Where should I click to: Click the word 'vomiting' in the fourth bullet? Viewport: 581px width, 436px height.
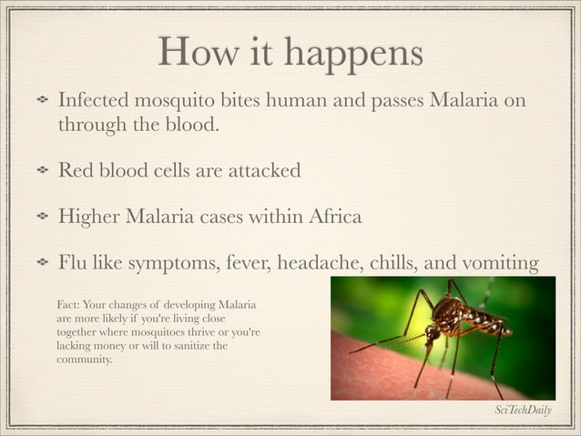500,264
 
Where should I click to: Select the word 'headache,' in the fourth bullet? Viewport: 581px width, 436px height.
318,264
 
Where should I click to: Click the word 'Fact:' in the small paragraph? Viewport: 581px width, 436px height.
67,303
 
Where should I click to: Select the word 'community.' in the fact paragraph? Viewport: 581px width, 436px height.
84,360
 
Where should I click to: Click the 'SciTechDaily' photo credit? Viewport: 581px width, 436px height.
523,411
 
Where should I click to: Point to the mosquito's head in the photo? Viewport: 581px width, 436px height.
433,335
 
